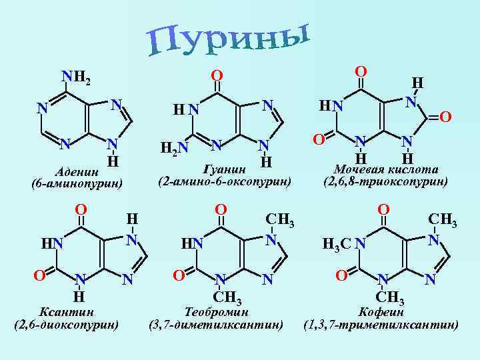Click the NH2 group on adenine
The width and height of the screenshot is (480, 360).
click(75, 77)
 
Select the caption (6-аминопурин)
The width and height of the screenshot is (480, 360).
click(77, 183)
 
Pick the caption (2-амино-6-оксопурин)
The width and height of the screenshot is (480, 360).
click(224, 181)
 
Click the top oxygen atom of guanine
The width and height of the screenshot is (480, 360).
click(217, 73)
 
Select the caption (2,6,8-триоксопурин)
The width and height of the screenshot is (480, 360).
click(385, 181)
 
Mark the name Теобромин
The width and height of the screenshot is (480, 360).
click(217, 312)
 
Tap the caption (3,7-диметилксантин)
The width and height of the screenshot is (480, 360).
click(217, 325)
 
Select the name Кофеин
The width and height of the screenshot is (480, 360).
click(381, 312)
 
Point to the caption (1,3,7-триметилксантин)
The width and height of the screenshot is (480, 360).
click(381, 325)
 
